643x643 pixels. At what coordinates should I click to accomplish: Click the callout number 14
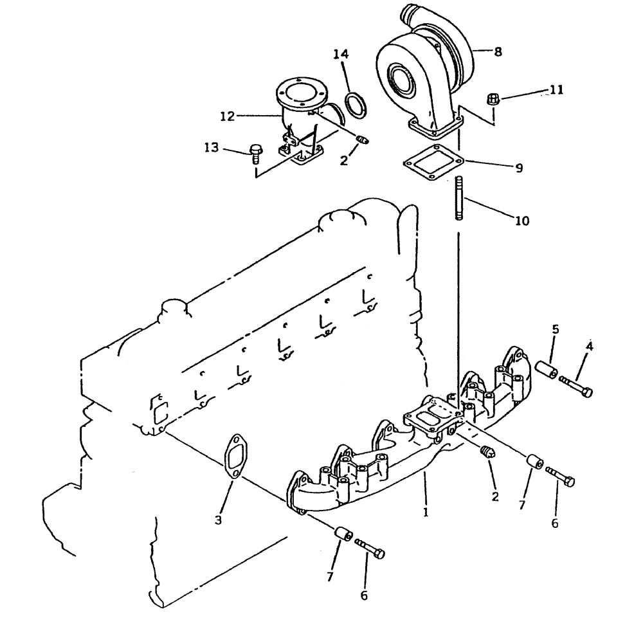341,55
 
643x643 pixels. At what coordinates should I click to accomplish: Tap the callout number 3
219,520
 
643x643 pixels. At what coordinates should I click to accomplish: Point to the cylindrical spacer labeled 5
547,370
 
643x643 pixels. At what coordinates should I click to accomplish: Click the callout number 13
212,149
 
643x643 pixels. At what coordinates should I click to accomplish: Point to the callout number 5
556,330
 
